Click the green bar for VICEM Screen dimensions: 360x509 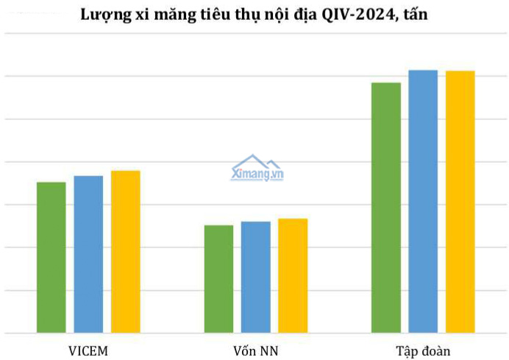tap(51, 257)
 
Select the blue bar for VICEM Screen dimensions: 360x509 tap(88, 254)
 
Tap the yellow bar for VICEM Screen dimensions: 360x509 tap(125, 251)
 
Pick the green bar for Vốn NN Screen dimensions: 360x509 tap(218, 278)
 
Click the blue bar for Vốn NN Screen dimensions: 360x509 tap(255, 277)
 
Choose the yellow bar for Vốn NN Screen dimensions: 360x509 tap(293, 275)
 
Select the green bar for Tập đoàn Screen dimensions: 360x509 tap(386, 207)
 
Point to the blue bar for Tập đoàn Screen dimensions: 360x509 tap(423, 201)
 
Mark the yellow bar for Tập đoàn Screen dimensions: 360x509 tap(460, 201)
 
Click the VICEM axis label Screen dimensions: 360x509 tap(88, 350)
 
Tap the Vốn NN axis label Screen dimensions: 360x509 tap(255, 350)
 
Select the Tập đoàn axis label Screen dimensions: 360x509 tap(422, 350)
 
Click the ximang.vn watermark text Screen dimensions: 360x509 tap(257, 175)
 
